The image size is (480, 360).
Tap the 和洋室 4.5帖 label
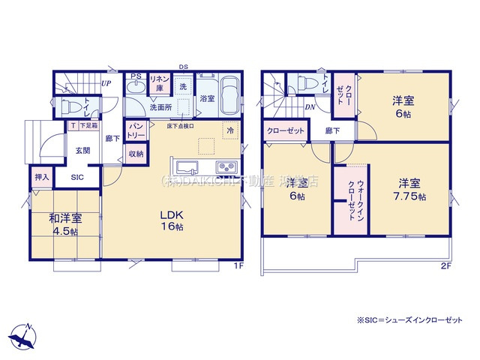65,224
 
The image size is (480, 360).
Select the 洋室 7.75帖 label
408,189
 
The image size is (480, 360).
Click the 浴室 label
207,98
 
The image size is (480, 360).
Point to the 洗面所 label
160,108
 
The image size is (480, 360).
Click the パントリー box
136,130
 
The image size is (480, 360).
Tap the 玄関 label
82,150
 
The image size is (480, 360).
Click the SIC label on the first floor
78,178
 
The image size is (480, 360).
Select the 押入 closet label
42,178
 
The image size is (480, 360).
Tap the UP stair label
106,83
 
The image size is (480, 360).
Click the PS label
136,76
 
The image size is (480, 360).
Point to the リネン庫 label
159,82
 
